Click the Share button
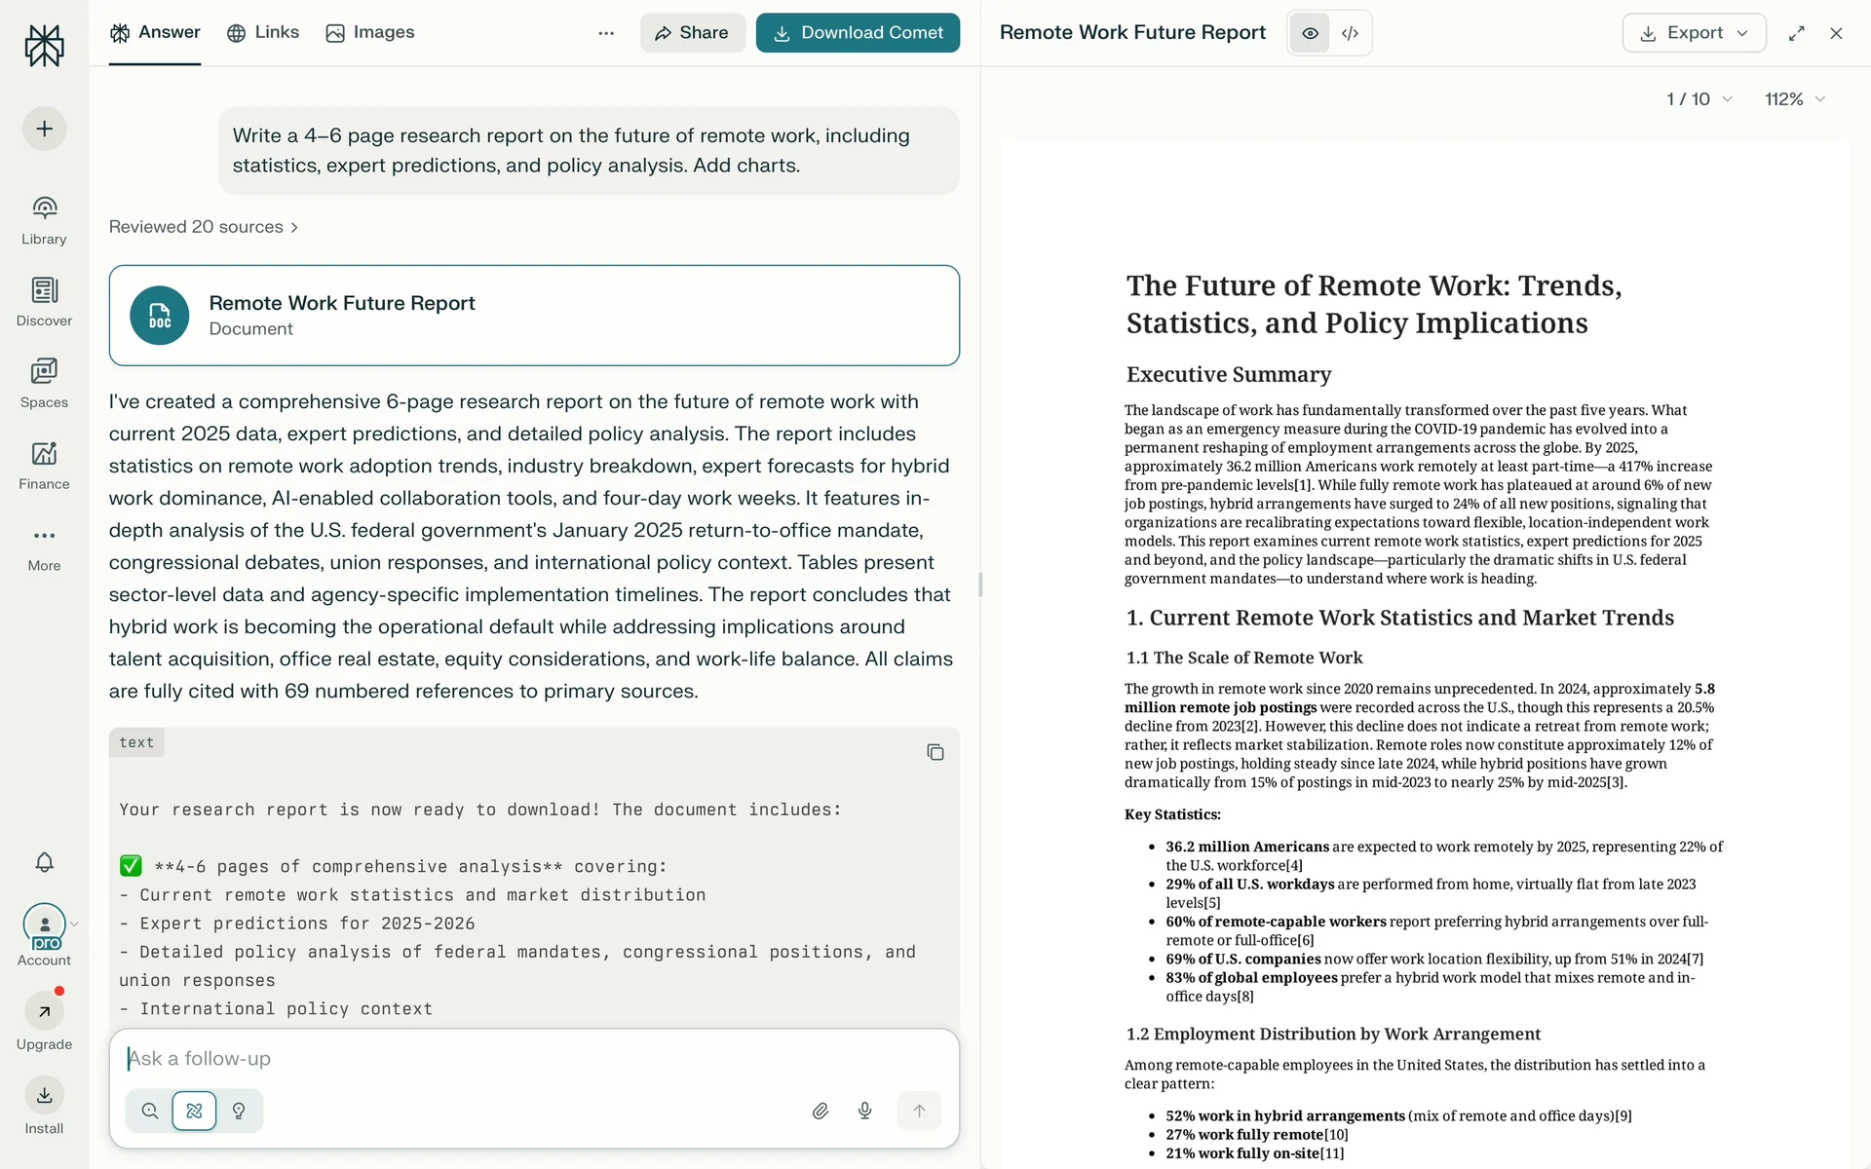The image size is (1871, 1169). [x=692, y=33]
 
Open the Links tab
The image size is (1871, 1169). [x=263, y=32]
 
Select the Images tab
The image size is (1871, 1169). [x=370, y=32]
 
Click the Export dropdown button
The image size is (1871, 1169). [x=1694, y=33]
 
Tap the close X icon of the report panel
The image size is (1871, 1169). [x=1836, y=33]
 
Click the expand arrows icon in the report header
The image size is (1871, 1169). [x=1796, y=33]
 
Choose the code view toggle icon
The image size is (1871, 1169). [x=1350, y=33]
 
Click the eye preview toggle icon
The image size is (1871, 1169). [x=1310, y=33]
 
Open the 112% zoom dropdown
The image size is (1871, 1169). [x=1794, y=99]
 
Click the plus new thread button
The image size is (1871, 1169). [x=44, y=129]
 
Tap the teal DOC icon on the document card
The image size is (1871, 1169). [x=160, y=316]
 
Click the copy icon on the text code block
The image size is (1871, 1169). [x=935, y=752]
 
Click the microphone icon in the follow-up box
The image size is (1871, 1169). [x=864, y=1111]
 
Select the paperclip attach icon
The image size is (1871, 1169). [x=821, y=1111]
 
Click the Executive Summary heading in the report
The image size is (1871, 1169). [x=1228, y=375]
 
